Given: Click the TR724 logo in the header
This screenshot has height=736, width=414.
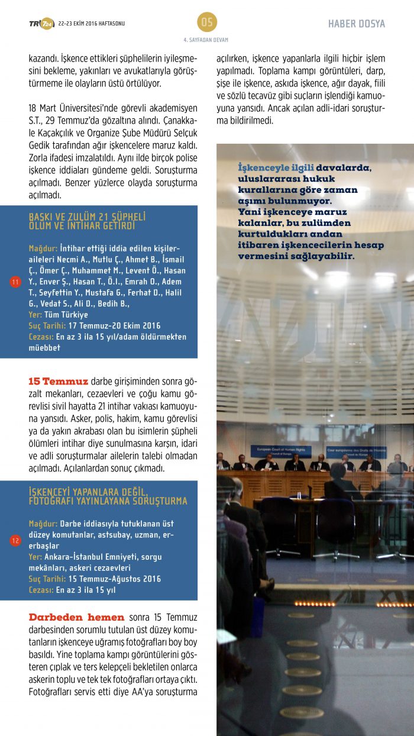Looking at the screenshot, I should pos(41,24).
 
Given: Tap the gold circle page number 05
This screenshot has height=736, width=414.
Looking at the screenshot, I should pos(207,22).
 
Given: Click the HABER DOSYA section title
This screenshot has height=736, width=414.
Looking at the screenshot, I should pos(357,24).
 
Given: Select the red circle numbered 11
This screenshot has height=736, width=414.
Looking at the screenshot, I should pos(15,282).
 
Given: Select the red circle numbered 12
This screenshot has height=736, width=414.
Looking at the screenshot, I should pos(15,540).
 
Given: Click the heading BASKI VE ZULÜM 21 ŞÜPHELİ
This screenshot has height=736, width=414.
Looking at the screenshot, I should pos(87,217).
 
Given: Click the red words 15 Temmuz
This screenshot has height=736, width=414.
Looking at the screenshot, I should pos(58,381).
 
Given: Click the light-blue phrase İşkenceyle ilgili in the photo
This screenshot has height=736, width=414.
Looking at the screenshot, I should pos(276,168).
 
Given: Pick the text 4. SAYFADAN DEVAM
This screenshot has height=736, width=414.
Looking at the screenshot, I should pos(206,40).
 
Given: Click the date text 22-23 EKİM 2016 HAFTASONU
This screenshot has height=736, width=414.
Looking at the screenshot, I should pos(92,24).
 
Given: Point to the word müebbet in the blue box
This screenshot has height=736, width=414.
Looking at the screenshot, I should pos(44,348).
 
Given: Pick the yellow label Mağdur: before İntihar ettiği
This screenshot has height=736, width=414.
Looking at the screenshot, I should pos(43,248).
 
